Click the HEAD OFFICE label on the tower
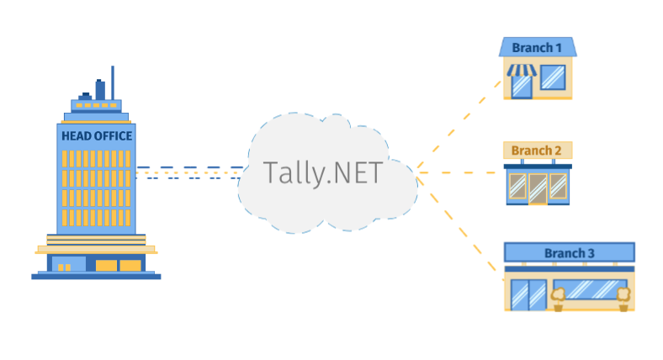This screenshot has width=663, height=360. (97, 135)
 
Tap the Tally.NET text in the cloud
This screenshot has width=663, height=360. (322, 172)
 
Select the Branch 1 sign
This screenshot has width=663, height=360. (537, 47)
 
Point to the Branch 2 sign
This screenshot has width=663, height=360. (537, 151)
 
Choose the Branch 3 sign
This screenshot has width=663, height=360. (569, 252)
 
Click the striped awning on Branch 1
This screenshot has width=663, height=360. (520, 71)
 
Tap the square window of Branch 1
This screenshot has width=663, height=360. (552, 77)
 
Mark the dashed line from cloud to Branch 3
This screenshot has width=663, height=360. (459, 226)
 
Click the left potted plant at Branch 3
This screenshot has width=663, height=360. (557, 297)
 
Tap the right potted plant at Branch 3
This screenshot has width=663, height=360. (623, 297)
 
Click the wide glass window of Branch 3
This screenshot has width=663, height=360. (590, 290)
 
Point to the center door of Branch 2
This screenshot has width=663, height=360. (538, 188)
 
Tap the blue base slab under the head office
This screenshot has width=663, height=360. (96, 275)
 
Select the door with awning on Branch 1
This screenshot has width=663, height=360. (522, 86)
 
